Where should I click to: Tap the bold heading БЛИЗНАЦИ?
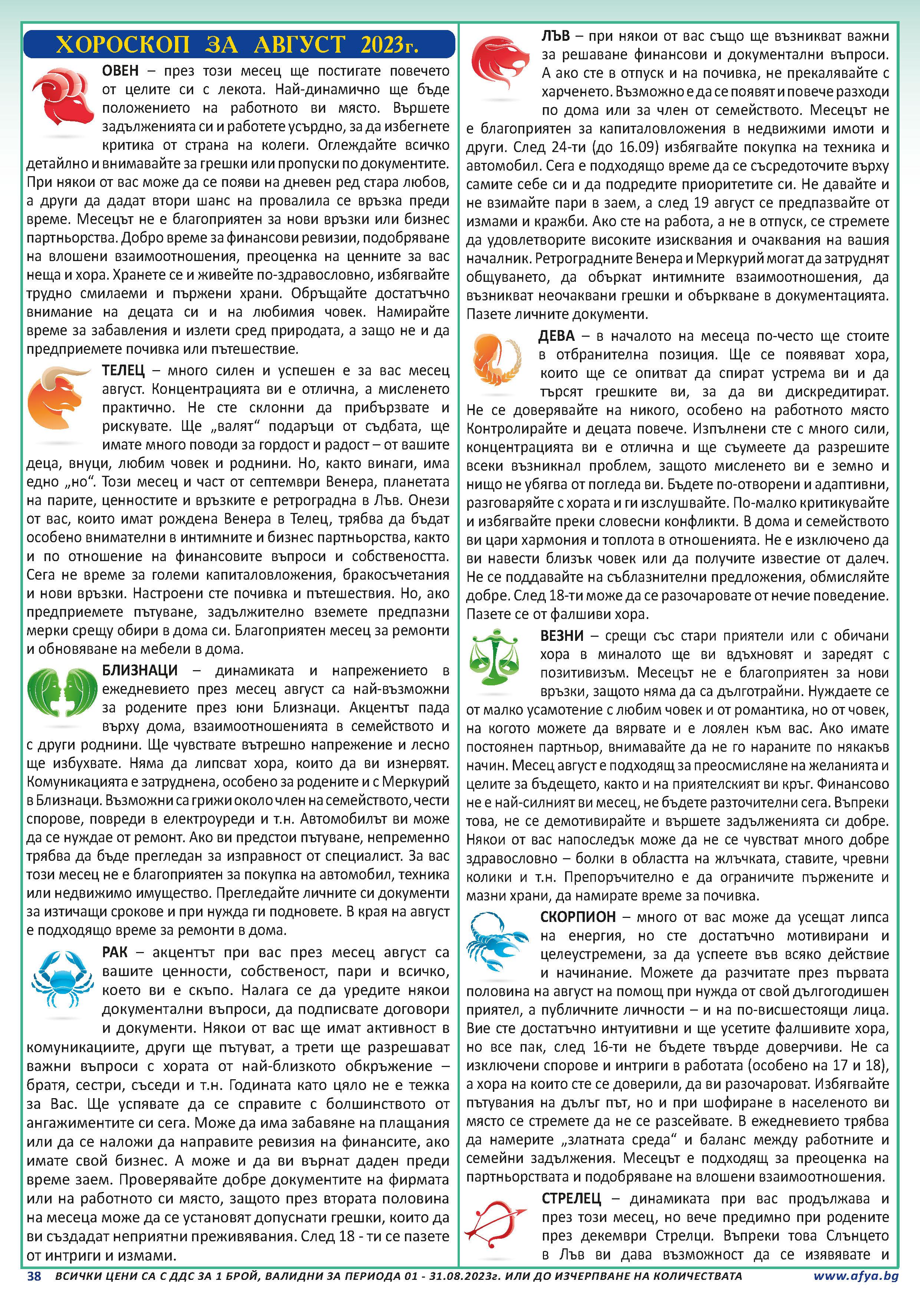click(x=139, y=670)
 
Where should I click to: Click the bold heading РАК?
click(x=115, y=952)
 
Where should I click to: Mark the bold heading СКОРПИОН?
click(x=578, y=917)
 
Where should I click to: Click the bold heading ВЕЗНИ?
click(x=562, y=636)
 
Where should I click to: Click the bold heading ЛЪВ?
click(x=555, y=36)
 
